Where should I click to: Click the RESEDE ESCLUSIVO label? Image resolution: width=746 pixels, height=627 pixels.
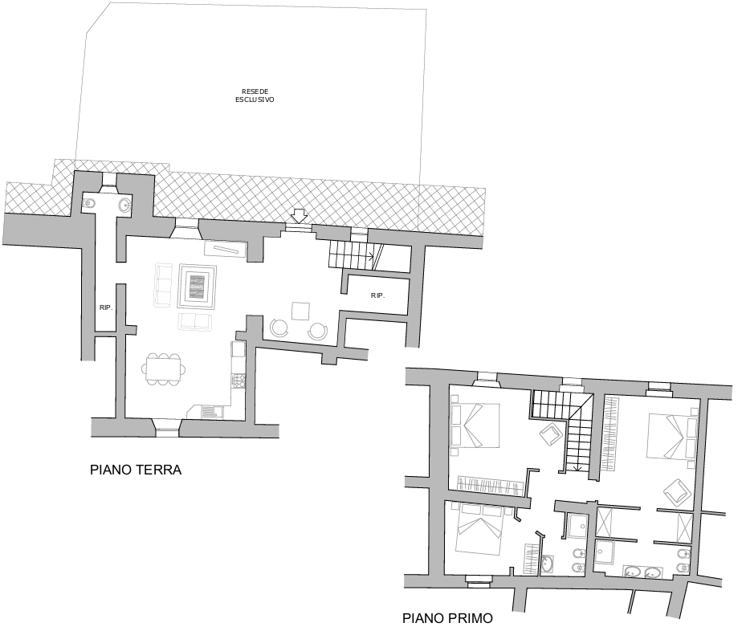[x=255, y=96]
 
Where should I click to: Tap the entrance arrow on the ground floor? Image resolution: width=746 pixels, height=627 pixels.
[x=299, y=216]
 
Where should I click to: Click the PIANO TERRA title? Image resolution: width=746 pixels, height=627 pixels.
[x=136, y=470]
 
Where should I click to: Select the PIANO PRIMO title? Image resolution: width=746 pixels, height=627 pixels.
[x=447, y=618]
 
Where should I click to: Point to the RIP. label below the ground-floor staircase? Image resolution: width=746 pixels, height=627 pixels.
[x=377, y=295]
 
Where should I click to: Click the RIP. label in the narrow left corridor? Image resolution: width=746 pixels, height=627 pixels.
[x=106, y=307]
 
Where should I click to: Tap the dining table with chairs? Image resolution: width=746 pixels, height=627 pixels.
[x=163, y=368]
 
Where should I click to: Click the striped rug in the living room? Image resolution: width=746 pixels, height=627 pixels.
[x=198, y=287]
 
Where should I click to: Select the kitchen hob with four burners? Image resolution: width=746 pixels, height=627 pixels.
[x=238, y=380]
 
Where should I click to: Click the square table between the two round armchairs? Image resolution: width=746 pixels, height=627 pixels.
[x=300, y=311]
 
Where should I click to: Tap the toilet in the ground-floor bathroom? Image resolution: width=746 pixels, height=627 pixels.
[x=89, y=204]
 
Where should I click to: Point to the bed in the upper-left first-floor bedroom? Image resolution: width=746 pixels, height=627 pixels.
[x=475, y=425]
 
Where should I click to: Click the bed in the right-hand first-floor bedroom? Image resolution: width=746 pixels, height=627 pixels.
[x=672, y=438]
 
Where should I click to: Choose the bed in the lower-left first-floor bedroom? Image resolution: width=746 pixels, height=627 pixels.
[x=479, y=530]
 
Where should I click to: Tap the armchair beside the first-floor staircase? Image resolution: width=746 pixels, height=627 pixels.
[x=550, y=434]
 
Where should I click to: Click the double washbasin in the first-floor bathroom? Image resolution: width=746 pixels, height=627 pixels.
[x=642, y=572]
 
